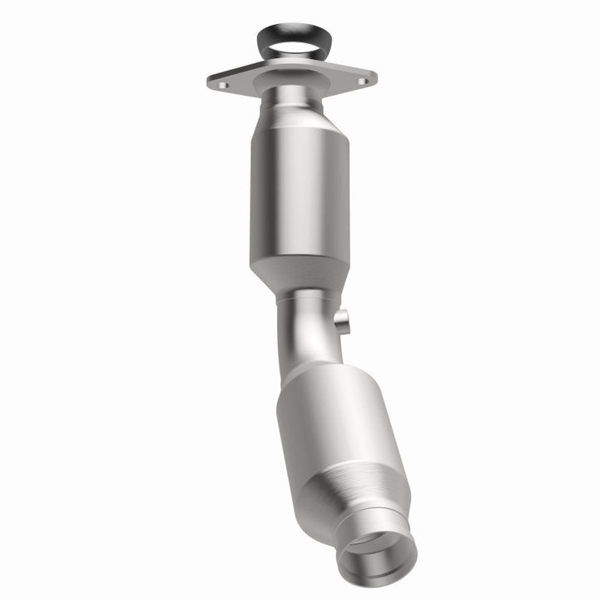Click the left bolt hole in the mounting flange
[222, 84]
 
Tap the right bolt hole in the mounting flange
[361, 81]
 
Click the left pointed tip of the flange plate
[209, 82]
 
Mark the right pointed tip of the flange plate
[374, 80]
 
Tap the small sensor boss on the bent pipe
[342, 320]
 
